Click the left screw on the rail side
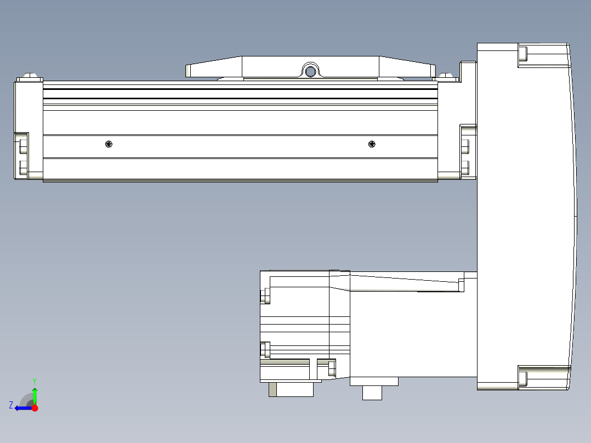[109, 144]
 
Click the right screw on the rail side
[372, 144]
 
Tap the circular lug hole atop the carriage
[310, 71]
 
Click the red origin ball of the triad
[35, 408]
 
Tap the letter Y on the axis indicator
[35, 380]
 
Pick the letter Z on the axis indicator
[10, 405]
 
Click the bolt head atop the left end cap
[30, 76]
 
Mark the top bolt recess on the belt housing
[522, 54]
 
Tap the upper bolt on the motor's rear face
[265, 297]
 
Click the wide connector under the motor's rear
[291, 389]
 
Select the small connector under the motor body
[372, 393]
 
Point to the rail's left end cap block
[28, 129]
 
